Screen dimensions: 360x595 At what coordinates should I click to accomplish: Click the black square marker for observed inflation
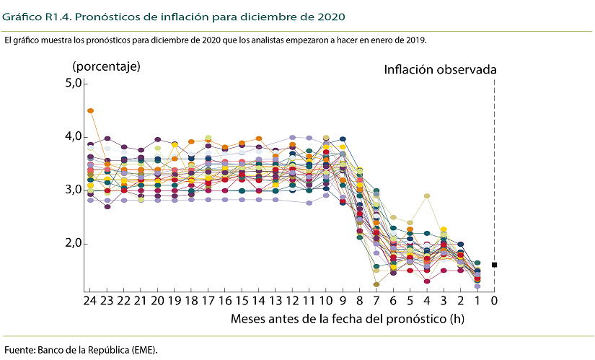495,265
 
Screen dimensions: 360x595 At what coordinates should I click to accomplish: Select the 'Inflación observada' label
440,70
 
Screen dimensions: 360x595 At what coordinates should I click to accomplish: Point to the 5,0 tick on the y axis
74,84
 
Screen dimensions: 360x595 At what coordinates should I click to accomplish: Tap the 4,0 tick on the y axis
74,137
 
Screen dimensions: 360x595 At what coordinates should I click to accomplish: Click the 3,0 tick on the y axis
74,190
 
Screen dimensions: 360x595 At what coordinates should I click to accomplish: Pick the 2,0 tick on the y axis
74,244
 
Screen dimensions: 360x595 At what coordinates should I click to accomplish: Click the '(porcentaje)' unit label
106,66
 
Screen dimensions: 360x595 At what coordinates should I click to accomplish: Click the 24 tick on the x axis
90,299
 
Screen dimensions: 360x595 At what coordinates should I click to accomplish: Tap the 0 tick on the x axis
495,299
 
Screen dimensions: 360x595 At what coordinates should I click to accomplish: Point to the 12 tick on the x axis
292,299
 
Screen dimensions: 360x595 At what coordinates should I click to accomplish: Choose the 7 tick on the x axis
376,299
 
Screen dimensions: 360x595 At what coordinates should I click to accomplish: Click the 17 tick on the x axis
208,299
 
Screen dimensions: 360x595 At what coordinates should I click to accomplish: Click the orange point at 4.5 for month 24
90,110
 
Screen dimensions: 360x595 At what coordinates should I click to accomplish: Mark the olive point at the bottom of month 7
376,284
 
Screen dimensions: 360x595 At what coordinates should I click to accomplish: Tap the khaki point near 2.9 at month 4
427,196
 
